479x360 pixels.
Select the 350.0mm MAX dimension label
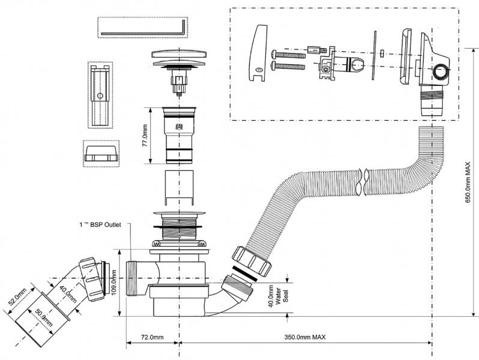click(306, 338)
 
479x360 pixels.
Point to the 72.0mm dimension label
click(152, 338)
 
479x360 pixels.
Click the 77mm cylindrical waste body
click(178, 136)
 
